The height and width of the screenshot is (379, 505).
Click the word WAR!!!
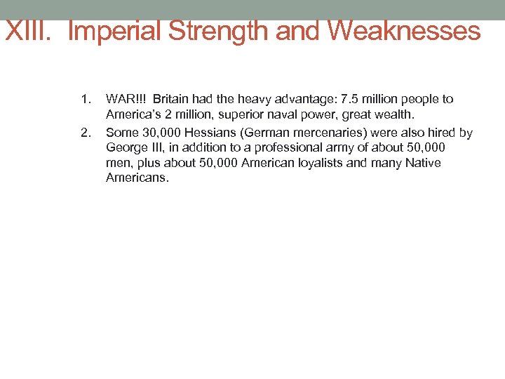tap(126, 99)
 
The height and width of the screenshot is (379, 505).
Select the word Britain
tap(172, 99)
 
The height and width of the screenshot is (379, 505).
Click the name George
tap(126, 147)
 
